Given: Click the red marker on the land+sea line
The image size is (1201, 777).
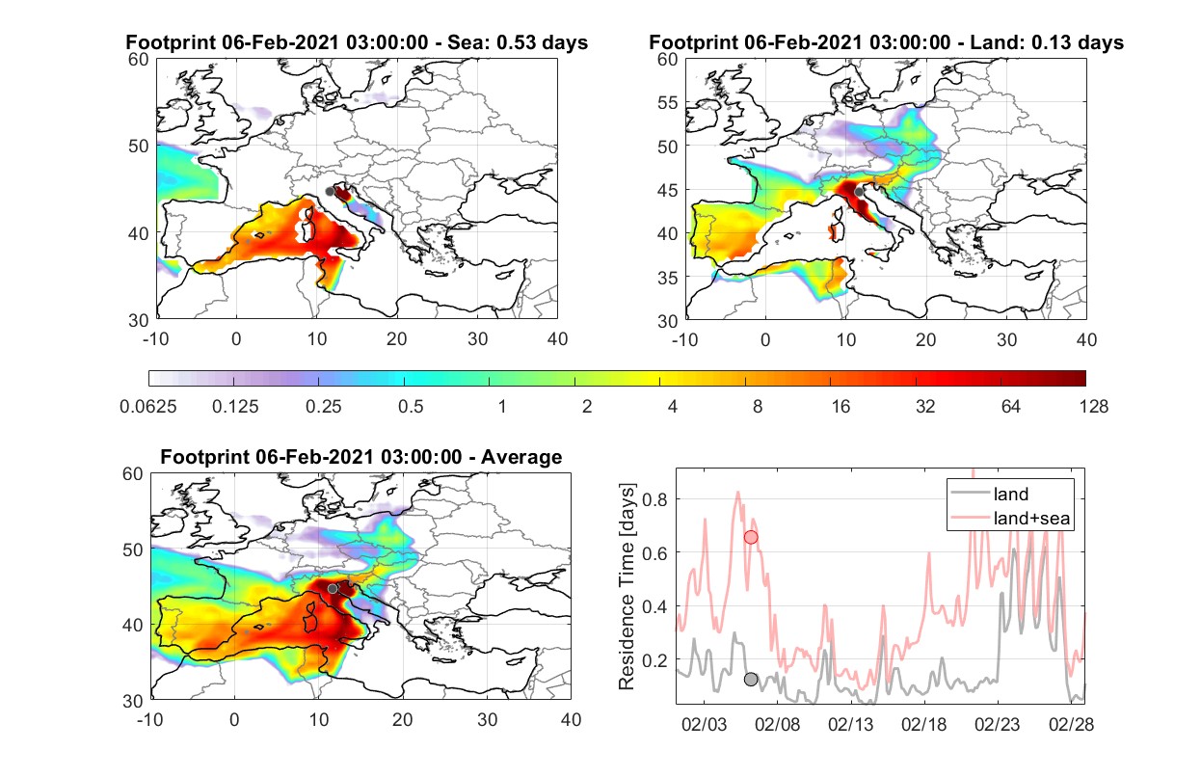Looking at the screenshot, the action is [x=751, y=537].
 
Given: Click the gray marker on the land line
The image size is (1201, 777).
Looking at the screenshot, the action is [x=751, y=679].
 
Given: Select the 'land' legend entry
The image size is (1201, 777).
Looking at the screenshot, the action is [x=1011, y=494].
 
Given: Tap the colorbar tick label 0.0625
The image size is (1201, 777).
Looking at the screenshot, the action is [x=148, y=407].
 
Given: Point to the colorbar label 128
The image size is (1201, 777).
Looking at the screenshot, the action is [x=1093, y=407].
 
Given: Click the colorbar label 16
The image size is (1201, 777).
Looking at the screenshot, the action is [x=841, y=407].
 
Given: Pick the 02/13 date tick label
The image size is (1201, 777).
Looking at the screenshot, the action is [x=850, y=724].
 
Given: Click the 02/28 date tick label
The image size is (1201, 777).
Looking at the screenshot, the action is [x=1071, y=724].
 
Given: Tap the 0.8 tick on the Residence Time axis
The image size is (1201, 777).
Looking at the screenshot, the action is [x=654, y=499].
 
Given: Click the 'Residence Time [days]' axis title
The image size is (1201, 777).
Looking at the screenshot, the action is [x=627, y=586].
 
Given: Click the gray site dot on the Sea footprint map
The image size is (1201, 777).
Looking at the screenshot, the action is [x=330, y=192].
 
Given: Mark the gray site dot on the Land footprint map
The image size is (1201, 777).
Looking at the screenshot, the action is [x=859, y=192].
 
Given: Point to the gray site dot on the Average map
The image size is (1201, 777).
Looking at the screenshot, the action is [x=333, y=589].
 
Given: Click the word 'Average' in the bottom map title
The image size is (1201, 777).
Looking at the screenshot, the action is [x=521, y=457].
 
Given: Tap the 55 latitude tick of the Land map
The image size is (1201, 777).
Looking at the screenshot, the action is [x=667, y=102].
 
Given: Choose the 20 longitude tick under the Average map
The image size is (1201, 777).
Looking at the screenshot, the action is [x=402, y=719].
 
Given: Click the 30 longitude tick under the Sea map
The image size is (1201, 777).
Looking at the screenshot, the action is [x=477, y=339].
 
